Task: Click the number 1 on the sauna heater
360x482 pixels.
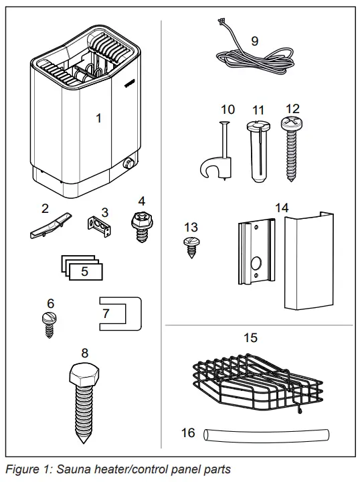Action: point(99,118)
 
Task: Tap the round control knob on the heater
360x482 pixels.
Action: point(127,163)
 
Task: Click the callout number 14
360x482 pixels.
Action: point(282,208)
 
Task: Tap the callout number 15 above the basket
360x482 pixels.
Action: point(251,338)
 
